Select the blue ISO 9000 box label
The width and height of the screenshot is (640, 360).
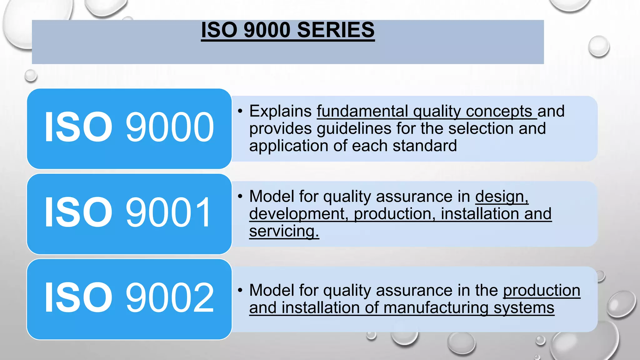pyautogui.click(x=129, y=127)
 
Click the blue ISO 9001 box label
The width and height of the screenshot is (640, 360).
pyautogui.click(x=129, y=213)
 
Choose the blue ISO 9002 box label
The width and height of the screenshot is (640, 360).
pyautogui.click(x=129, y=298)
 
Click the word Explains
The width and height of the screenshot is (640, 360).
pyautogui.click(x=280, y=111)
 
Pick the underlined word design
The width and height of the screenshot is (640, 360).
pyautogui.click(x=501, y=197)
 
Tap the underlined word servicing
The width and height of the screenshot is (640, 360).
pyautogui.click(x=284, y=232)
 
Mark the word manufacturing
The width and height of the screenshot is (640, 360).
pyautogui.click(x=436, y=308)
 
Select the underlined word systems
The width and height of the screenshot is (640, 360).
pyautogui.click(x=524, y=308)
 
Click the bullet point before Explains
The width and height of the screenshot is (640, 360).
pyautogui.click(x=240, y=111)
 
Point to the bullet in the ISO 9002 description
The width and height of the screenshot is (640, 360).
pyautogui.click(x=240, y=290)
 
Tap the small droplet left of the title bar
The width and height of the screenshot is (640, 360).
pyautogui.click(x=31, y=76)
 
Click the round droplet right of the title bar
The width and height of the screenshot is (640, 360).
pyautogui.click(x=598, y=46)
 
